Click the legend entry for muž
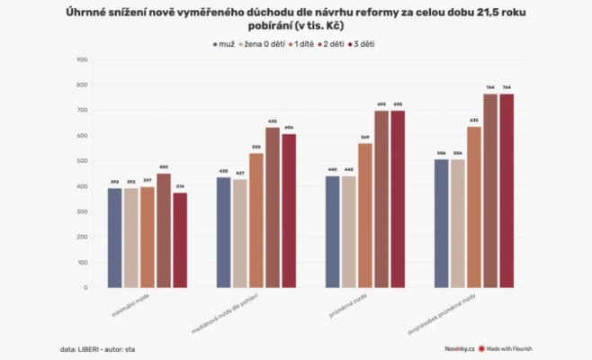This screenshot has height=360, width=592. tap(225, 43)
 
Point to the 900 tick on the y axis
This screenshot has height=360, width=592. tap(82, 60)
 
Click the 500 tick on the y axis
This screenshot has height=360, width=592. tap(82, 161)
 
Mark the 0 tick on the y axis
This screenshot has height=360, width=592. tap(85, 288)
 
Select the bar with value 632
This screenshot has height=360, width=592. tap(272, 208)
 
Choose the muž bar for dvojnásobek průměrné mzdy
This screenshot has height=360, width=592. tap(441, 223)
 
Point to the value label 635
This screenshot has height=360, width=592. tap(474, 120)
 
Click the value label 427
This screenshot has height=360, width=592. tap(240, 173)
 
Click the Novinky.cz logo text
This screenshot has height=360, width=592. tap(459, 347)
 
